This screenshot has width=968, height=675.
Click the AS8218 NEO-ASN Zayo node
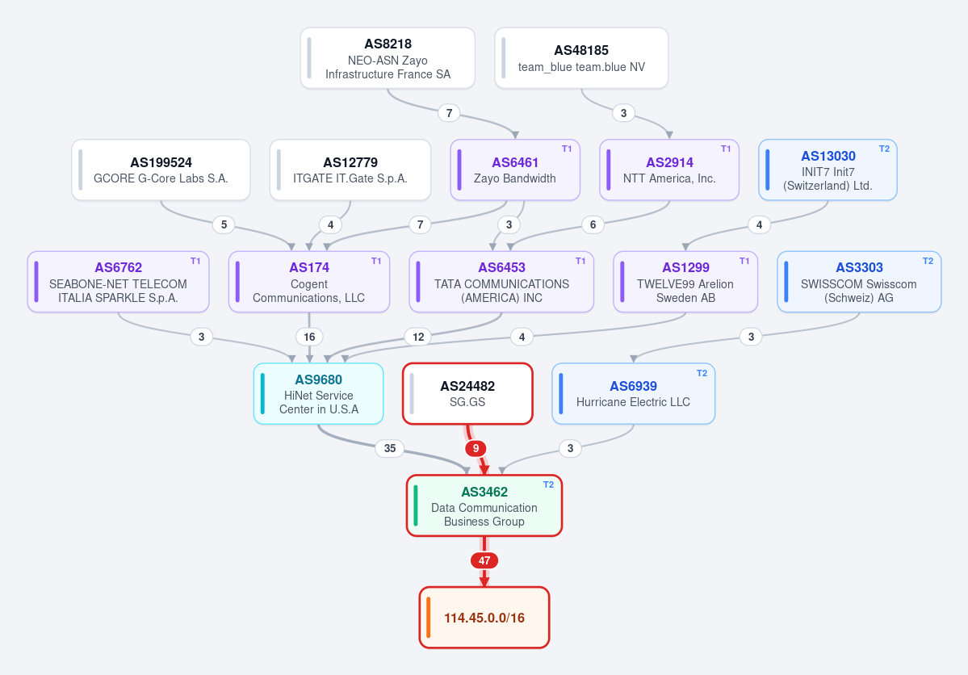tap(388, 58)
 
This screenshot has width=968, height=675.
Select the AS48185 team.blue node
tap(581, 58)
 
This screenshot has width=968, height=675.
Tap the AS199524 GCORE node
tap(161, 170)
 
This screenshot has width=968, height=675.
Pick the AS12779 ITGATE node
tap(350, 170)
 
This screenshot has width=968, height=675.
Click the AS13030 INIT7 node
tap(828, 170)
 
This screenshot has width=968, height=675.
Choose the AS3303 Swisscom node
tap(859, 282)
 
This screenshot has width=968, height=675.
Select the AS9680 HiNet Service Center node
tap(319, 393)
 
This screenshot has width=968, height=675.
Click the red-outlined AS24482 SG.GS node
tap(467, 393)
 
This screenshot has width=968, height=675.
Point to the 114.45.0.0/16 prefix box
tap(484, 618)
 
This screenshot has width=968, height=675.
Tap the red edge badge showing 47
tap(484, 560)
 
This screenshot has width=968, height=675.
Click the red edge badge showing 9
tap(476, 448)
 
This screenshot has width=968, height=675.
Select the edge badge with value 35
tap(390, 448)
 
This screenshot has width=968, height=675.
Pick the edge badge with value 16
tap(309, 337)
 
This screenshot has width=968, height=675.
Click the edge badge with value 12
tap(418, 337)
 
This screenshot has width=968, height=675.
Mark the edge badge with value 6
tap(593, 224)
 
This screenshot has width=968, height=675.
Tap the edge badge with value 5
tap(224, 224)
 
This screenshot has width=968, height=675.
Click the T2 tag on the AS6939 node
tap(702, 373)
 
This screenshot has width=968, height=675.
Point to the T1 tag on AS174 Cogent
tap(376, 262)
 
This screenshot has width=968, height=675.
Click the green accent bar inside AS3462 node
tap(416, 505)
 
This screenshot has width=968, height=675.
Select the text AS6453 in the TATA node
tap(501, 267)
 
